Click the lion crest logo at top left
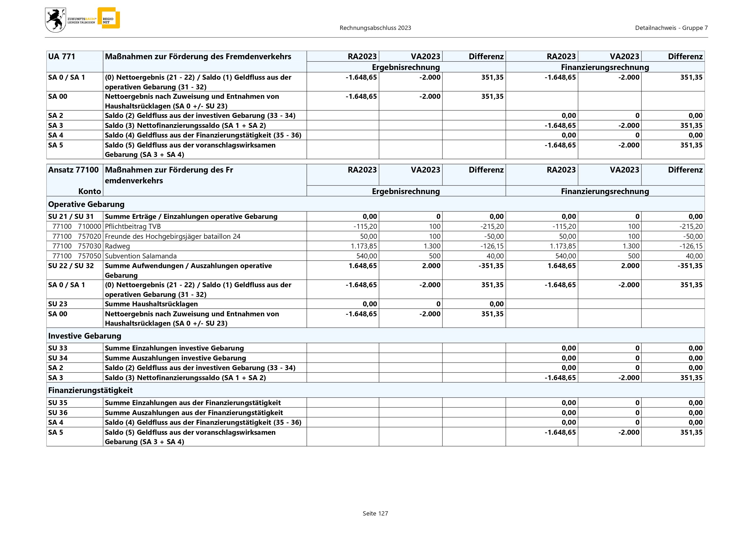(x=55, y=20)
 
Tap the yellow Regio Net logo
(x=109, y=18)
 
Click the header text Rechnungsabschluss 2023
(x=375, y=28)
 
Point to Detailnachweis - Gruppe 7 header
(x=671, y=28)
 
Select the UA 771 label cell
(x=62, y=57)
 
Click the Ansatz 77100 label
(x=73, y=170)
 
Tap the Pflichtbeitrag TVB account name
(x=133, y=226)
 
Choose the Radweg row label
(x=118, y=246)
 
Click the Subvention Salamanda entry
(x=141, y=256)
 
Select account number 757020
(x=90, y=236)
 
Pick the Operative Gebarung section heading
(x=86, y=204)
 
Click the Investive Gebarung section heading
(x=85, y=336)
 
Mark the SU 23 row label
(x=58, y=304)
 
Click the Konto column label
(x=90, y=191)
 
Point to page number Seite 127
(x=375, y=513)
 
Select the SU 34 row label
(x=58, y=358)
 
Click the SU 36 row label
(x=58, y=413)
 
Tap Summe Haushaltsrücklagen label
(x=151, y=304)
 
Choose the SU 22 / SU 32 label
(x=71, y=266)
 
